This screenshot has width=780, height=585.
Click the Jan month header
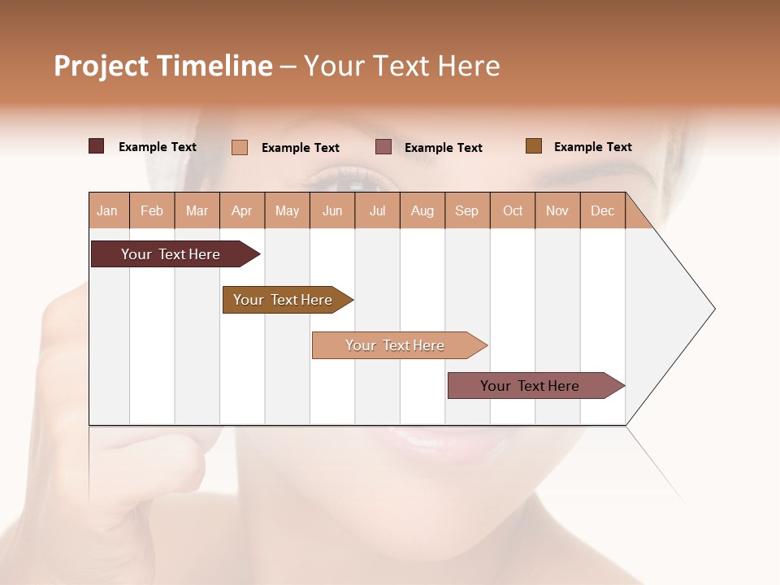click(x=108, y=210)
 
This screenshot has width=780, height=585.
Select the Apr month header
click(x=242, y=210)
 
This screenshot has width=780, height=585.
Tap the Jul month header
click(x=378, y=210)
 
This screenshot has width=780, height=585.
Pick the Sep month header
click(x=467, y=210)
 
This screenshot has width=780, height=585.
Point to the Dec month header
click(x=603, y=210)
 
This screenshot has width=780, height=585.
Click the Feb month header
click(x=152, y=210)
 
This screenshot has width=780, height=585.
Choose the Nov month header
click(x=557, y=210)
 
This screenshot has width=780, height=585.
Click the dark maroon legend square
click(x=96, y=146)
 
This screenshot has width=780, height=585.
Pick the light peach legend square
click(x=240, y=147)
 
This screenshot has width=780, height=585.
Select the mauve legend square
click(x=383, y=146)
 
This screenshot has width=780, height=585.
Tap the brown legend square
click(x=534, y=146)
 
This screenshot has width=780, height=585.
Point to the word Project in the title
click(x=100, y=66)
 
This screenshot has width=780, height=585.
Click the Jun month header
click(x=332, y=210)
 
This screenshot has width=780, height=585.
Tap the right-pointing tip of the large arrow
click(x=713, y=309)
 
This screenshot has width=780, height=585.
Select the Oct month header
click(x=513, y=210)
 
